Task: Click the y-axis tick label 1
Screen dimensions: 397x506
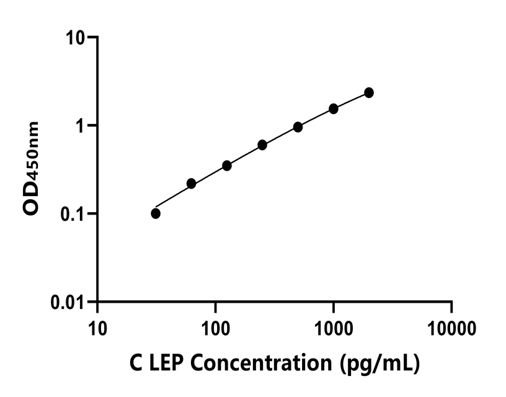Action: click(81, 125)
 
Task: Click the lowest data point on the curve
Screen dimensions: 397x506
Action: click(156, 213)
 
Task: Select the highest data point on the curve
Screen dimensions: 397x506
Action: click(369, 92)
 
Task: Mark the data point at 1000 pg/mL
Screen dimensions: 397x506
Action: click(334, 109)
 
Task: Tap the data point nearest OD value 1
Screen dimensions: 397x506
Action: click(298, 127)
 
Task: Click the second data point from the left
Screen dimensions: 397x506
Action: click(191, 184)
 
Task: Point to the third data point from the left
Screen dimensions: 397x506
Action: click(227, 166)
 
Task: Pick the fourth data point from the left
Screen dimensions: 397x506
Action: click(262, 145)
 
